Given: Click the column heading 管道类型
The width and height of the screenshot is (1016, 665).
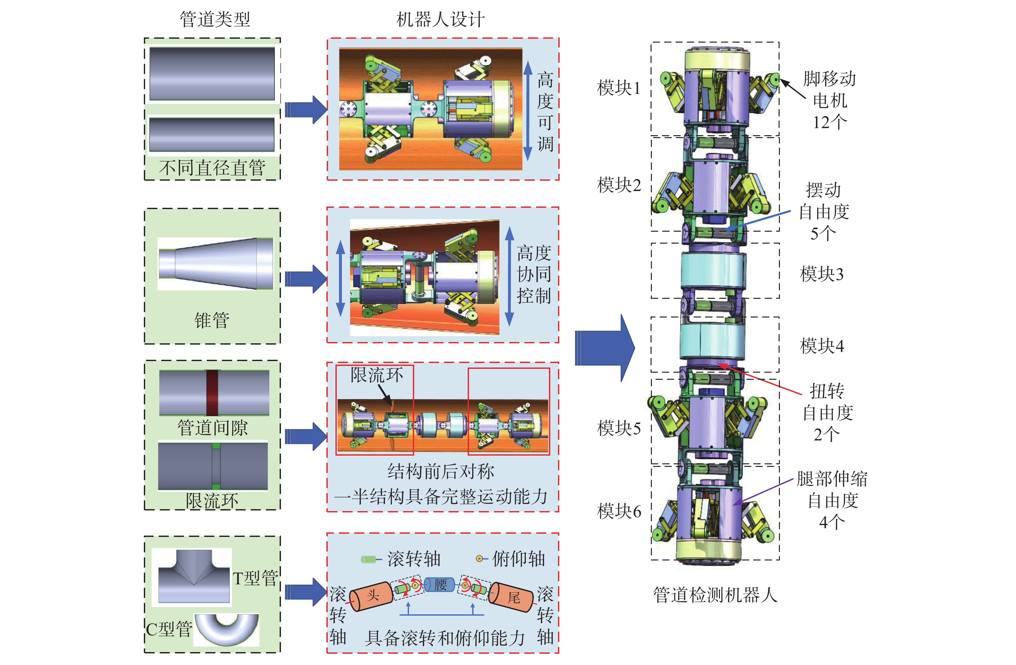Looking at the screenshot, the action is (215, 20).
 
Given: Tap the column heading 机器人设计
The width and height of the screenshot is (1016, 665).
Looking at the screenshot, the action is (441, 20).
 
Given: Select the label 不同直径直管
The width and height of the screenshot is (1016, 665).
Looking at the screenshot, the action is (212, 167).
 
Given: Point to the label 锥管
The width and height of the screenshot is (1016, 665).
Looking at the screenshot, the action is (212, 320).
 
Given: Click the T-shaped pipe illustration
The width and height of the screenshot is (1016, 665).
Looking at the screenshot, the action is (194, 576).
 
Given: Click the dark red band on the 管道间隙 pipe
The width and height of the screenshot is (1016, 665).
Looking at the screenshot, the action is (213, 392).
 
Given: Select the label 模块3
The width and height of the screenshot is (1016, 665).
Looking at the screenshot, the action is (822, 274).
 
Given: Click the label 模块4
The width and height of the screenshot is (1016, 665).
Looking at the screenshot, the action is (822, 346).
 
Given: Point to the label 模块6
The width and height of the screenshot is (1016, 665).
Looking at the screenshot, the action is (619, 511).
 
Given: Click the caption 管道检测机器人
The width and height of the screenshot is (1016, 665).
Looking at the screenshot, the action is (715, 595).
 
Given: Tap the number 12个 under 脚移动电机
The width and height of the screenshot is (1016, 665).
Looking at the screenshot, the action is (830, 122).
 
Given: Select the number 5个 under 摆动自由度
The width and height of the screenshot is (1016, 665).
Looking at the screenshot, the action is (823, 233).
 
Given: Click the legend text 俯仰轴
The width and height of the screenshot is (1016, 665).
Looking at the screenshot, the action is (519, 559).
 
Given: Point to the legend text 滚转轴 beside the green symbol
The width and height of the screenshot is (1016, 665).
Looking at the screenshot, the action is (413, 559).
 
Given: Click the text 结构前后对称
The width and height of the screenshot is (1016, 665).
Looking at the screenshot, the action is (441, 471).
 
